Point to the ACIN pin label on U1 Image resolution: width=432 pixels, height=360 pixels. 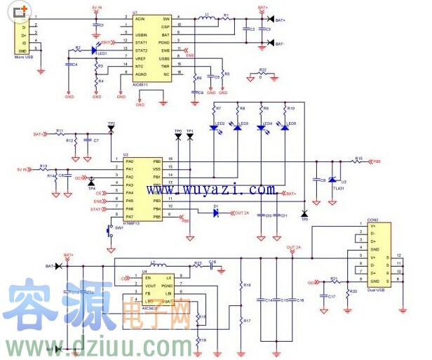(140, 18)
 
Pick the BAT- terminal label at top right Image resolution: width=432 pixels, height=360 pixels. (280, 44)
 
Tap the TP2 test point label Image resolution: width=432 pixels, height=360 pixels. (111, 124)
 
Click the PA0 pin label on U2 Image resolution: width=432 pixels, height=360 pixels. (129, 161)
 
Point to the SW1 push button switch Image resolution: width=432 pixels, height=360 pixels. (109, 229)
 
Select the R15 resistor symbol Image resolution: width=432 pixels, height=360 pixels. (358, 161)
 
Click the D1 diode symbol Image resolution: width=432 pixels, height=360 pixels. (217, 213)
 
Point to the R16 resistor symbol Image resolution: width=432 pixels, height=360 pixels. (241, 286)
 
